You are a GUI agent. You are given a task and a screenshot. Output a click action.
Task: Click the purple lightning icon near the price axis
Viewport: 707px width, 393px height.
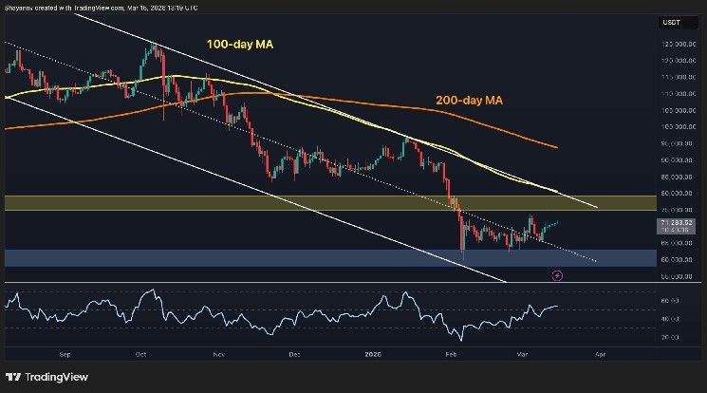(x=557, y=275)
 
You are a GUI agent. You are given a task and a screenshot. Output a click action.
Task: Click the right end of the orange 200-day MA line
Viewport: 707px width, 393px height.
(x=556, y=148)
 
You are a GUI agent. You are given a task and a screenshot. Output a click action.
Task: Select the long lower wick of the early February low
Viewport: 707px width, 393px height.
(x=462, y=254)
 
